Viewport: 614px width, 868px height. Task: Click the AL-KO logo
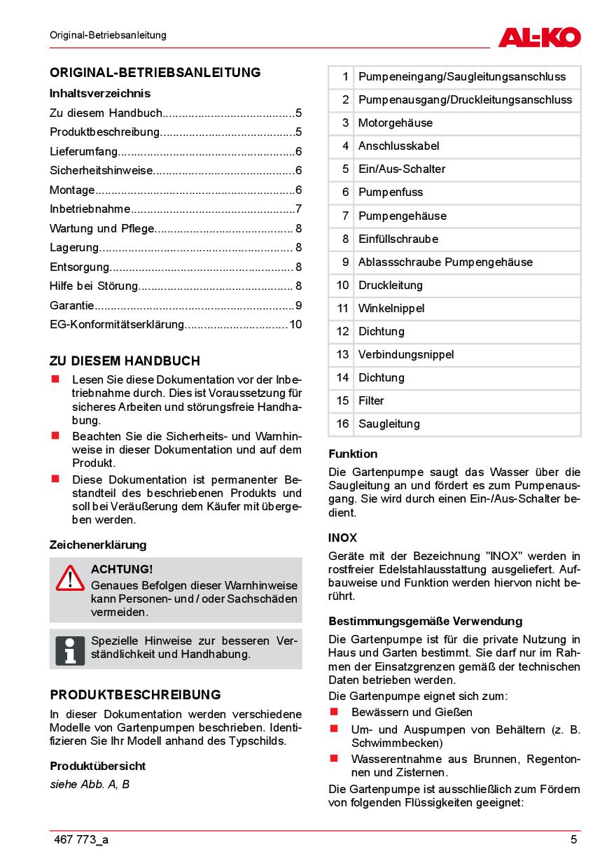point(539,36)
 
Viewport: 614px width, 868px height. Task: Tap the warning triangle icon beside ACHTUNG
point(70,578)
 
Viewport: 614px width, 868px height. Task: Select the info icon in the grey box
point(70,650)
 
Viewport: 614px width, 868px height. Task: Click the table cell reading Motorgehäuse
point(396,123)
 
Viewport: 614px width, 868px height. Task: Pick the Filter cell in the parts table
point(371,401)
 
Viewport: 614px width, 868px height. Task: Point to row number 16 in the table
point(342,424)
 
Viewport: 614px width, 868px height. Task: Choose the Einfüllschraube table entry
point(398,239)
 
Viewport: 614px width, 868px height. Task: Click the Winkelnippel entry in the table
point(391,309)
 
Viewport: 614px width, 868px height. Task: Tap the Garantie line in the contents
point(71,305)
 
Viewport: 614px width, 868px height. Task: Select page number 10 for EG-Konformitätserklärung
point(295,325)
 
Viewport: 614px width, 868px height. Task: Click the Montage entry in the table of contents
point(72,190)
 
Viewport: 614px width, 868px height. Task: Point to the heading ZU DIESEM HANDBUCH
point(125,361)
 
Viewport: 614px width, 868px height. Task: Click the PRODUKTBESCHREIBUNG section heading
point(135,695)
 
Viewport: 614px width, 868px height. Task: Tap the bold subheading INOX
point(342,538)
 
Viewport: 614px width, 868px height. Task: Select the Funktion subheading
point(353,454)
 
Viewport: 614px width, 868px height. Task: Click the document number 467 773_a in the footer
point(81,840)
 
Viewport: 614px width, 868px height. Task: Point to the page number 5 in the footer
point(573,840)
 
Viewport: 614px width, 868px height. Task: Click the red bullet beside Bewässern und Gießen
point(335,712)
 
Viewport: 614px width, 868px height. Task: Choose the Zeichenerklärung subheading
point(98,545)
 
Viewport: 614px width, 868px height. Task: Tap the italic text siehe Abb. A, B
point(90,784)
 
